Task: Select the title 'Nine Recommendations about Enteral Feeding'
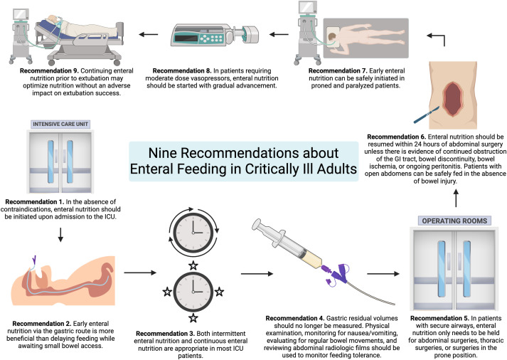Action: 254,162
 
